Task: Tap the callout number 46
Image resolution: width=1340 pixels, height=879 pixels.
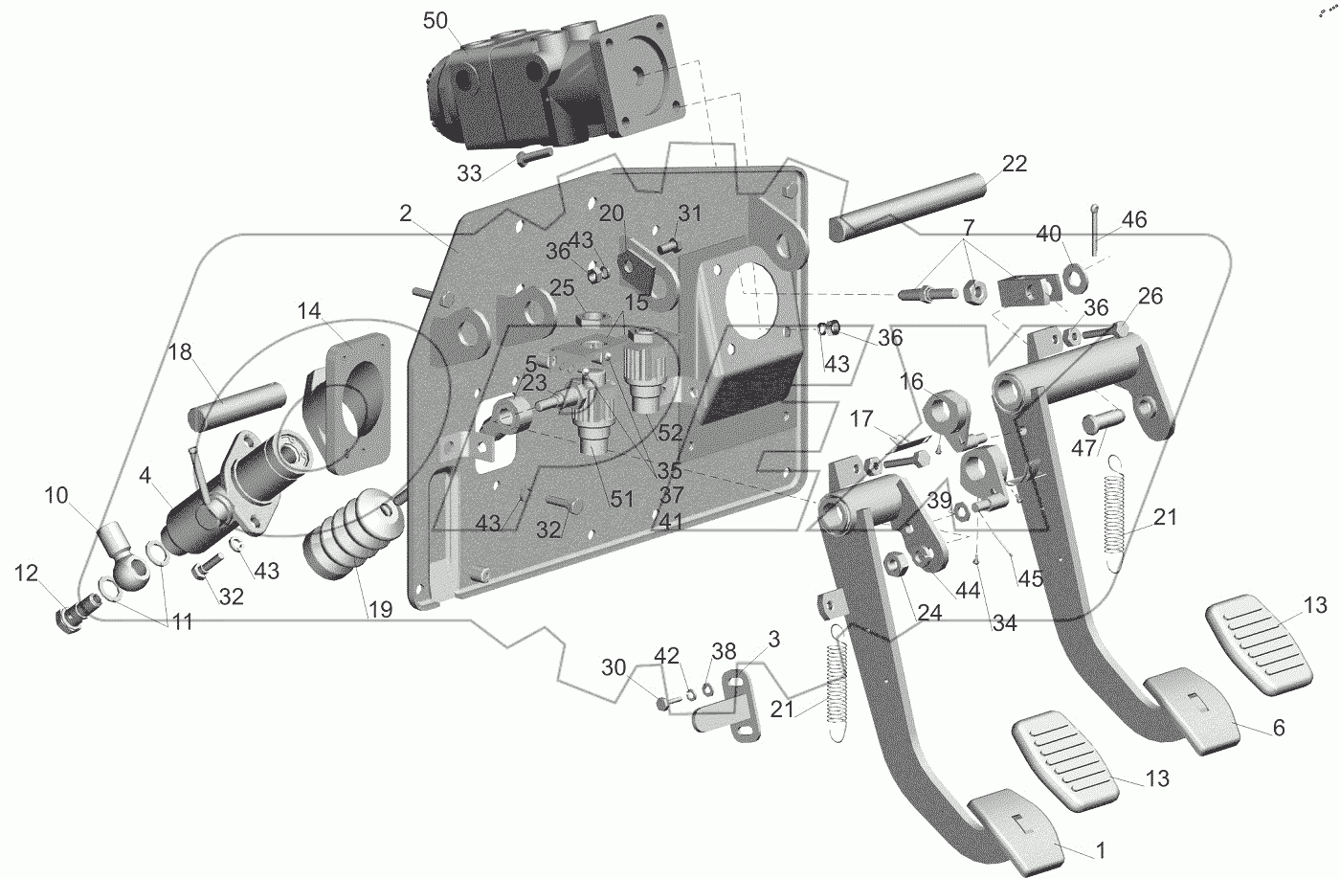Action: coord(1134,221)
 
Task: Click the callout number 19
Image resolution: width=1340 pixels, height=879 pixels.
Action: coord(380,609)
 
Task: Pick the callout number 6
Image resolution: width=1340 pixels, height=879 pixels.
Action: coord(1278,728)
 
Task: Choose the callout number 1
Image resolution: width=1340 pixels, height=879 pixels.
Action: coord(1101,848)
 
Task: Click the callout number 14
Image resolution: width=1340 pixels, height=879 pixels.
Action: coord(308,311)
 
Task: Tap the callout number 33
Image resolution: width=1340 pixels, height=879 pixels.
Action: coord(468,173)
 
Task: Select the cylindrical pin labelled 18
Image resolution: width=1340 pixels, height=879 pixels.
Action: coord(234,403)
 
